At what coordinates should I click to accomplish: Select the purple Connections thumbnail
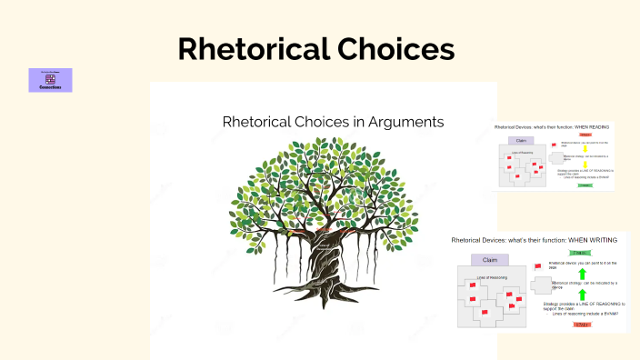pos(50,80)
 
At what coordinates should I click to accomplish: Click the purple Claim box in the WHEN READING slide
pos(522,141)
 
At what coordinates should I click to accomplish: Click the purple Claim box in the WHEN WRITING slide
pos(489,260)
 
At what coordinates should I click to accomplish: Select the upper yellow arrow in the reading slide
pos(585,147)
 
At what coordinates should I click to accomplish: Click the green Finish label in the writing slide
pos(579,253)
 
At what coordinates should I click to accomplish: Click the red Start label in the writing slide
pos(580,323)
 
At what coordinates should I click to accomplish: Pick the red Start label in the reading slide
pos(585,135)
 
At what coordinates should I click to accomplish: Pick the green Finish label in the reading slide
pos(585,185)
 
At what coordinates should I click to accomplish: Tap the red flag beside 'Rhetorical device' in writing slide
pos(537,266)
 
